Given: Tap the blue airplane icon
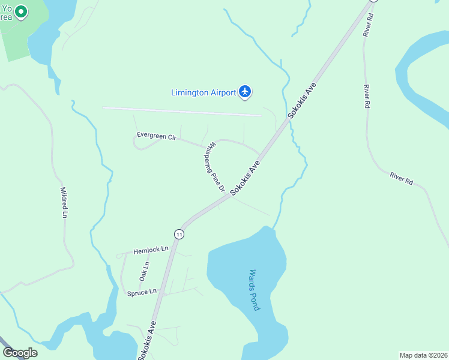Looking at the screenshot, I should coord(244,92).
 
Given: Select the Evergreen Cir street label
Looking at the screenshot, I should coord(156,137).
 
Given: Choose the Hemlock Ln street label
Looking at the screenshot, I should coord(151,250).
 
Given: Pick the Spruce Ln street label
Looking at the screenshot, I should coord(142,293).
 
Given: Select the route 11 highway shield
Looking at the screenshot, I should coord(179,233).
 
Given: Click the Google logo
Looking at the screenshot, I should coord(20,353).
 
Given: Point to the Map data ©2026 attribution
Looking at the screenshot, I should coord(423,355).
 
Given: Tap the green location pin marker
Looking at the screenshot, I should coord(21,11).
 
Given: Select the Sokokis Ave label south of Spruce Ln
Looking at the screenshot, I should coord(147,340).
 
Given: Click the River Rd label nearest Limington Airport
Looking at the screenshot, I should coord(366,96).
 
